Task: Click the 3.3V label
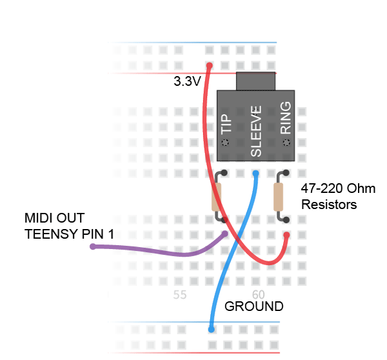coord(187,82)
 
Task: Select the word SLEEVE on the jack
coord(255,132)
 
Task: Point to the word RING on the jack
coord(286,118)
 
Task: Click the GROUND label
coord(253,306)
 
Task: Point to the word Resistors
coord(329,205)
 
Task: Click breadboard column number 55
coord(179,295)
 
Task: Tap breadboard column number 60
coord(255,295)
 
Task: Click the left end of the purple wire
coord(94,246)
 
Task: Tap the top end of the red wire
coord(209,65)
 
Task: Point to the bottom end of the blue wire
coord(212,329)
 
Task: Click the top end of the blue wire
coord(255,174)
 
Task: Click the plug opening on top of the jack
coord(255,81)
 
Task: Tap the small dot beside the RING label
coord(286,141)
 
